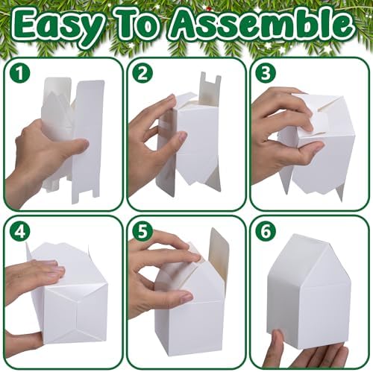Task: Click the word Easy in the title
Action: coord(58,28)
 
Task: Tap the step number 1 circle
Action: coord(20,73)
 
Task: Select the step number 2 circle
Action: coord(142,73)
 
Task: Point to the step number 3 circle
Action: coord(266,73)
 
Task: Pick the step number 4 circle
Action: coord(20,231)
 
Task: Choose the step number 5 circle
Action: coord(142,231)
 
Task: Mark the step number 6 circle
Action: coord(266,231)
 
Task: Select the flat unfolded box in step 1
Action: coord(73,139)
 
